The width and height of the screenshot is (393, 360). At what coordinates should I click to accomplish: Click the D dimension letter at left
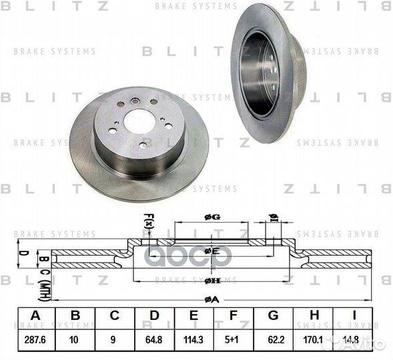coord(21,253)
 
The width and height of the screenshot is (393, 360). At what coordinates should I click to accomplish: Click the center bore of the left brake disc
coord(139,121)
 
